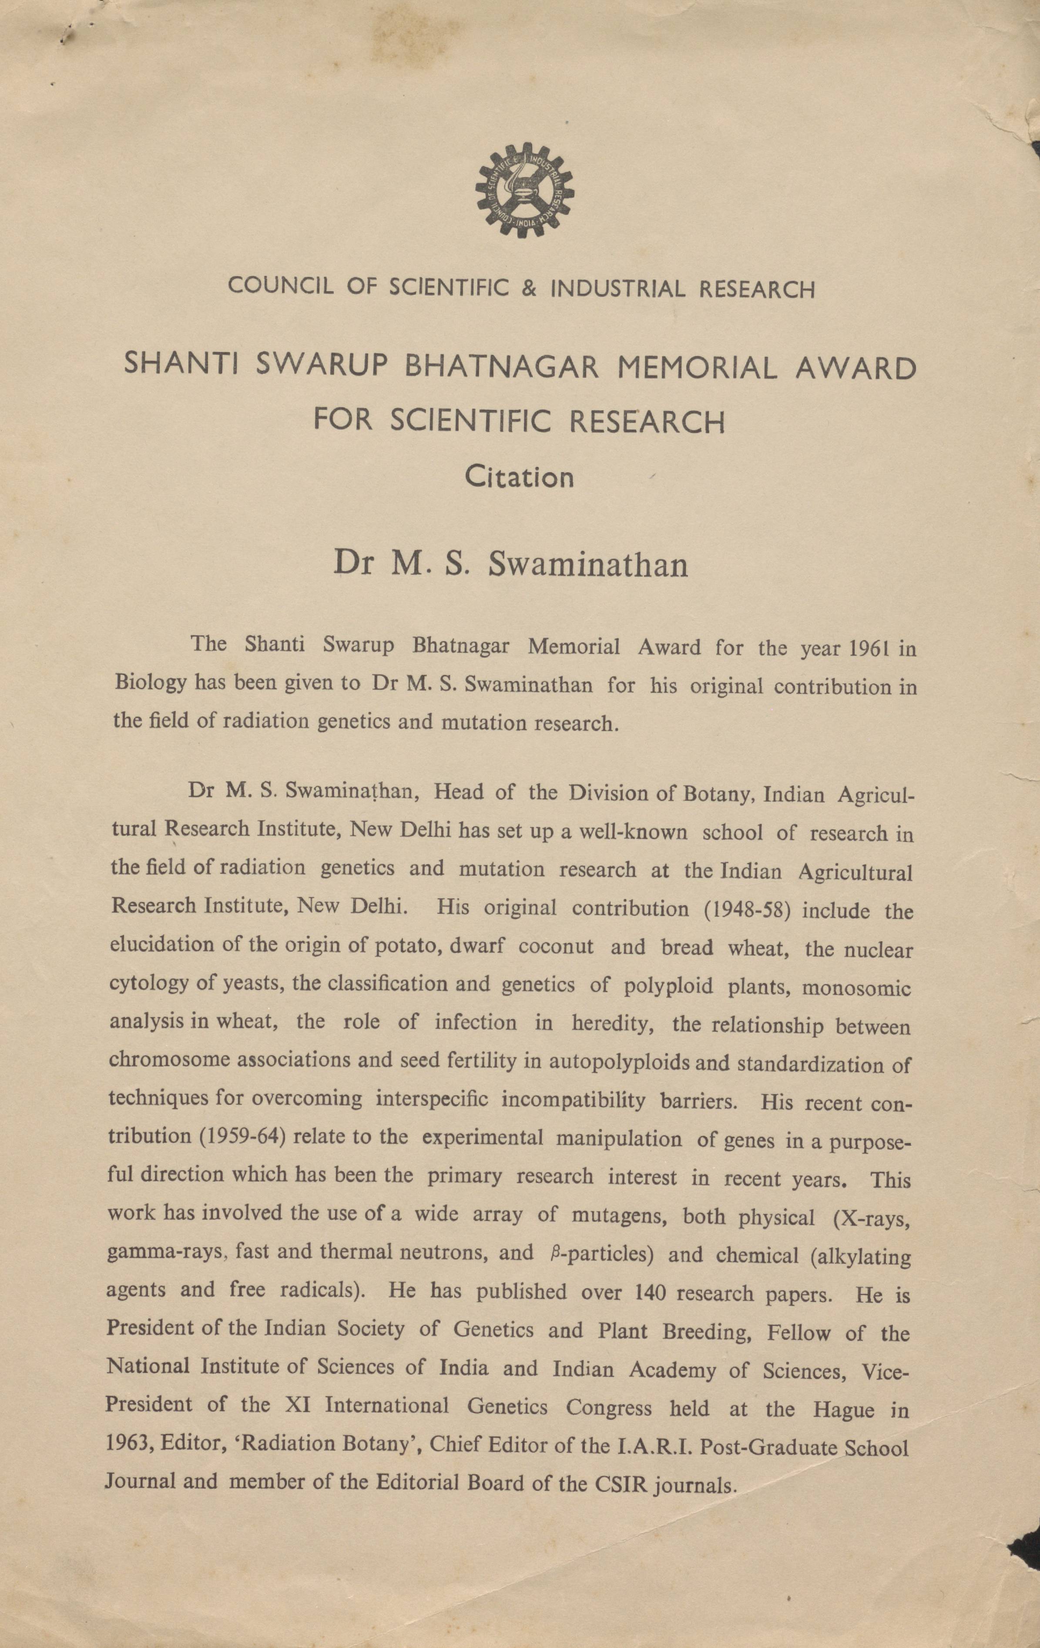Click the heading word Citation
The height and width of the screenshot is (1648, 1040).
pyautogui.click(x=519, y=477)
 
